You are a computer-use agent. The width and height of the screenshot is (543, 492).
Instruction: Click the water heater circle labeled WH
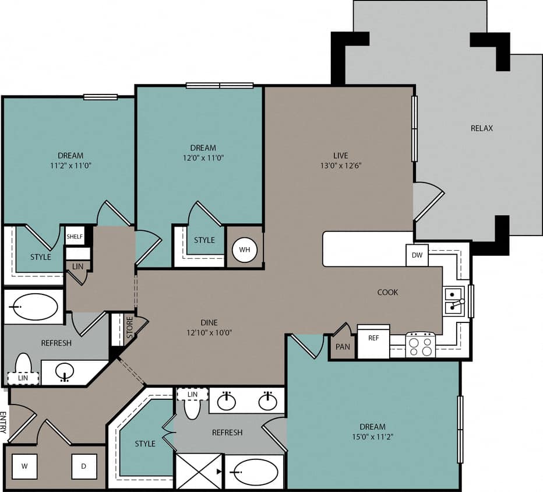245,249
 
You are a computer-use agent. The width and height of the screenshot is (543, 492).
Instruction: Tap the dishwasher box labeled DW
417,255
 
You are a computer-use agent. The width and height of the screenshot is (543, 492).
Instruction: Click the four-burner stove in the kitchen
420,345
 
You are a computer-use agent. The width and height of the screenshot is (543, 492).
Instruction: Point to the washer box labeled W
25,466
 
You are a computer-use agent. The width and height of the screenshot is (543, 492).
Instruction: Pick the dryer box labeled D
84,466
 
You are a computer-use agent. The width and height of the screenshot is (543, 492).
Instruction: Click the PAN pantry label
343,347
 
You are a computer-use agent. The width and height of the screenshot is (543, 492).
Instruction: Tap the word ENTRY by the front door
3,423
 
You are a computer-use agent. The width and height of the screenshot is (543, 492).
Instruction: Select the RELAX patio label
482,128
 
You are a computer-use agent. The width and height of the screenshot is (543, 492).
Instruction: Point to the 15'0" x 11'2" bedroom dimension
372,437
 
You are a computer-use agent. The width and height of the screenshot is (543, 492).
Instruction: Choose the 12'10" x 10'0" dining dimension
209,333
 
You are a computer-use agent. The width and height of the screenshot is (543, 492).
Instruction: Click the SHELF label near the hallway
75,236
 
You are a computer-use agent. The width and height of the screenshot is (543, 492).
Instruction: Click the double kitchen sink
453,301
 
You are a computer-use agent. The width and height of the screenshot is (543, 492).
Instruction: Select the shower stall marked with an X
199,471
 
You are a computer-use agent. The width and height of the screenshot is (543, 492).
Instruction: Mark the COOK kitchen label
387,292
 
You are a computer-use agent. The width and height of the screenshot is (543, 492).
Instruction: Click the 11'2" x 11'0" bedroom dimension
70,166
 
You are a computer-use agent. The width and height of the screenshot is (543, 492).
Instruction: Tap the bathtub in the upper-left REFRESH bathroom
35,307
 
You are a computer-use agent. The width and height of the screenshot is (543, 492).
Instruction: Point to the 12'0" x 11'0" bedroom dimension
203,157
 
